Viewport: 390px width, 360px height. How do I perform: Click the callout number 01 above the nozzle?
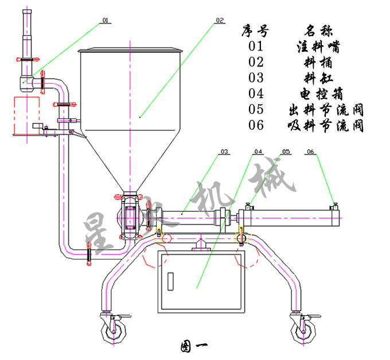tap(105, 21)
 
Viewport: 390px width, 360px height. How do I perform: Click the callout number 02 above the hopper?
tap(219, 21)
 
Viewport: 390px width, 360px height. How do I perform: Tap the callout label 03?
tap(224, 152)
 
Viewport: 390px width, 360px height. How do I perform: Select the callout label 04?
tap(258, 152)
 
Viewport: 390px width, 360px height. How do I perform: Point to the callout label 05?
tap(285, 152)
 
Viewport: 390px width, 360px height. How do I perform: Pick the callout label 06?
tap(310, 152)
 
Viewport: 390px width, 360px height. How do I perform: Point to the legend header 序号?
tap(255, 29)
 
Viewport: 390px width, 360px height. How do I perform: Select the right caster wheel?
tap(302, 330)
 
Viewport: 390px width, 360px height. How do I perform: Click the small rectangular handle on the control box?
tap(170, 280)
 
